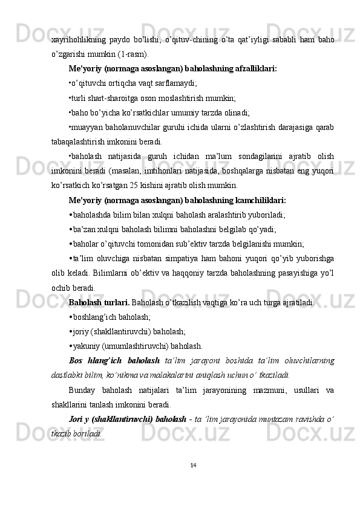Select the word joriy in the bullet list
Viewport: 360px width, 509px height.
click(x=82, y=331)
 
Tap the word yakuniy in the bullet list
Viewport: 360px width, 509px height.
click(x=87, y=346)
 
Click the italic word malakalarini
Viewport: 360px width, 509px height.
click(x=168, y=375)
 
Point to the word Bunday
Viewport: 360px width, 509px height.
click(x=83, y=390)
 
